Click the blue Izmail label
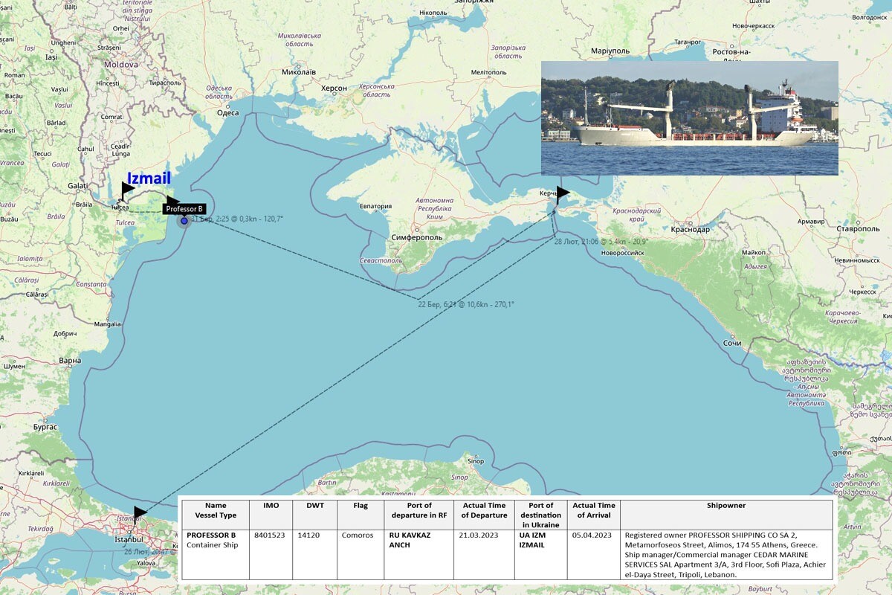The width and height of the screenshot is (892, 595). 149,178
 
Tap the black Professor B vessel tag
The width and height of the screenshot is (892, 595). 184,209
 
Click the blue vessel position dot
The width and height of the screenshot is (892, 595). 184,221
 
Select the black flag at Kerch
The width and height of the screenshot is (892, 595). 563,193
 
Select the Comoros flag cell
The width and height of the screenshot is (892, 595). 358,535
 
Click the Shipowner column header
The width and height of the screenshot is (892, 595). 726,506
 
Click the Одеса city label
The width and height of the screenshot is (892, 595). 227,113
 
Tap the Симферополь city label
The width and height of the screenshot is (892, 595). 416,237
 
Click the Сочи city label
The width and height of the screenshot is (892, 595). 731,343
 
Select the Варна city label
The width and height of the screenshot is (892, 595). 70,361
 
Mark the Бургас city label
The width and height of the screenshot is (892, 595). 45,428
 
